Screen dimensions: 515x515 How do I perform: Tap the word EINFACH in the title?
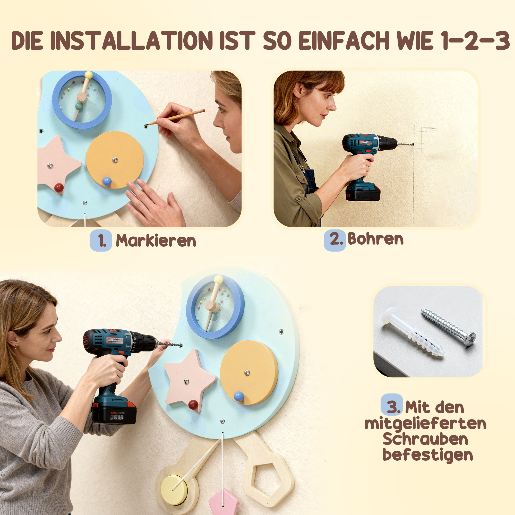pos(344,40)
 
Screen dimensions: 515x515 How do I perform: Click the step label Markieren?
pos(156,241)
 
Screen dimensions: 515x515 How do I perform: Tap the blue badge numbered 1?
pos(101,241)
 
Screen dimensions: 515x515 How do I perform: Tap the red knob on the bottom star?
pos(194,404)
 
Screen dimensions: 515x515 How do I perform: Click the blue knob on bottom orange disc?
pos(239,396)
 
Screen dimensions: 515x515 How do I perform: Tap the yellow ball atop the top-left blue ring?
pos(89,75)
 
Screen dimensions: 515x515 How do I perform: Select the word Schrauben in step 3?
pos(425,439)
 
